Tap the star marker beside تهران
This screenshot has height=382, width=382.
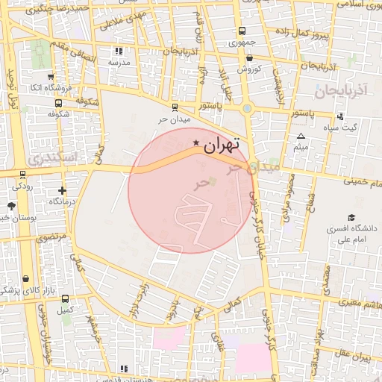coord(195,142)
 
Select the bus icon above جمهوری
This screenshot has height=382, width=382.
coord(241,31)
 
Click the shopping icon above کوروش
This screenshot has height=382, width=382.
coord(248,57)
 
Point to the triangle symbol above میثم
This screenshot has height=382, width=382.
coord(301,136)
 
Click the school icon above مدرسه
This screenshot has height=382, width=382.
coord(118,51)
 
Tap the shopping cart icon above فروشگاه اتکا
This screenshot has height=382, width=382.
coord(49,77)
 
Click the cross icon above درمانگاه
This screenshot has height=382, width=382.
coord(62,190)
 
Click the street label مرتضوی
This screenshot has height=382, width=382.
coord(51,237)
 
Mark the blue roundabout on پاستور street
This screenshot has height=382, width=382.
coord(247,109)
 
